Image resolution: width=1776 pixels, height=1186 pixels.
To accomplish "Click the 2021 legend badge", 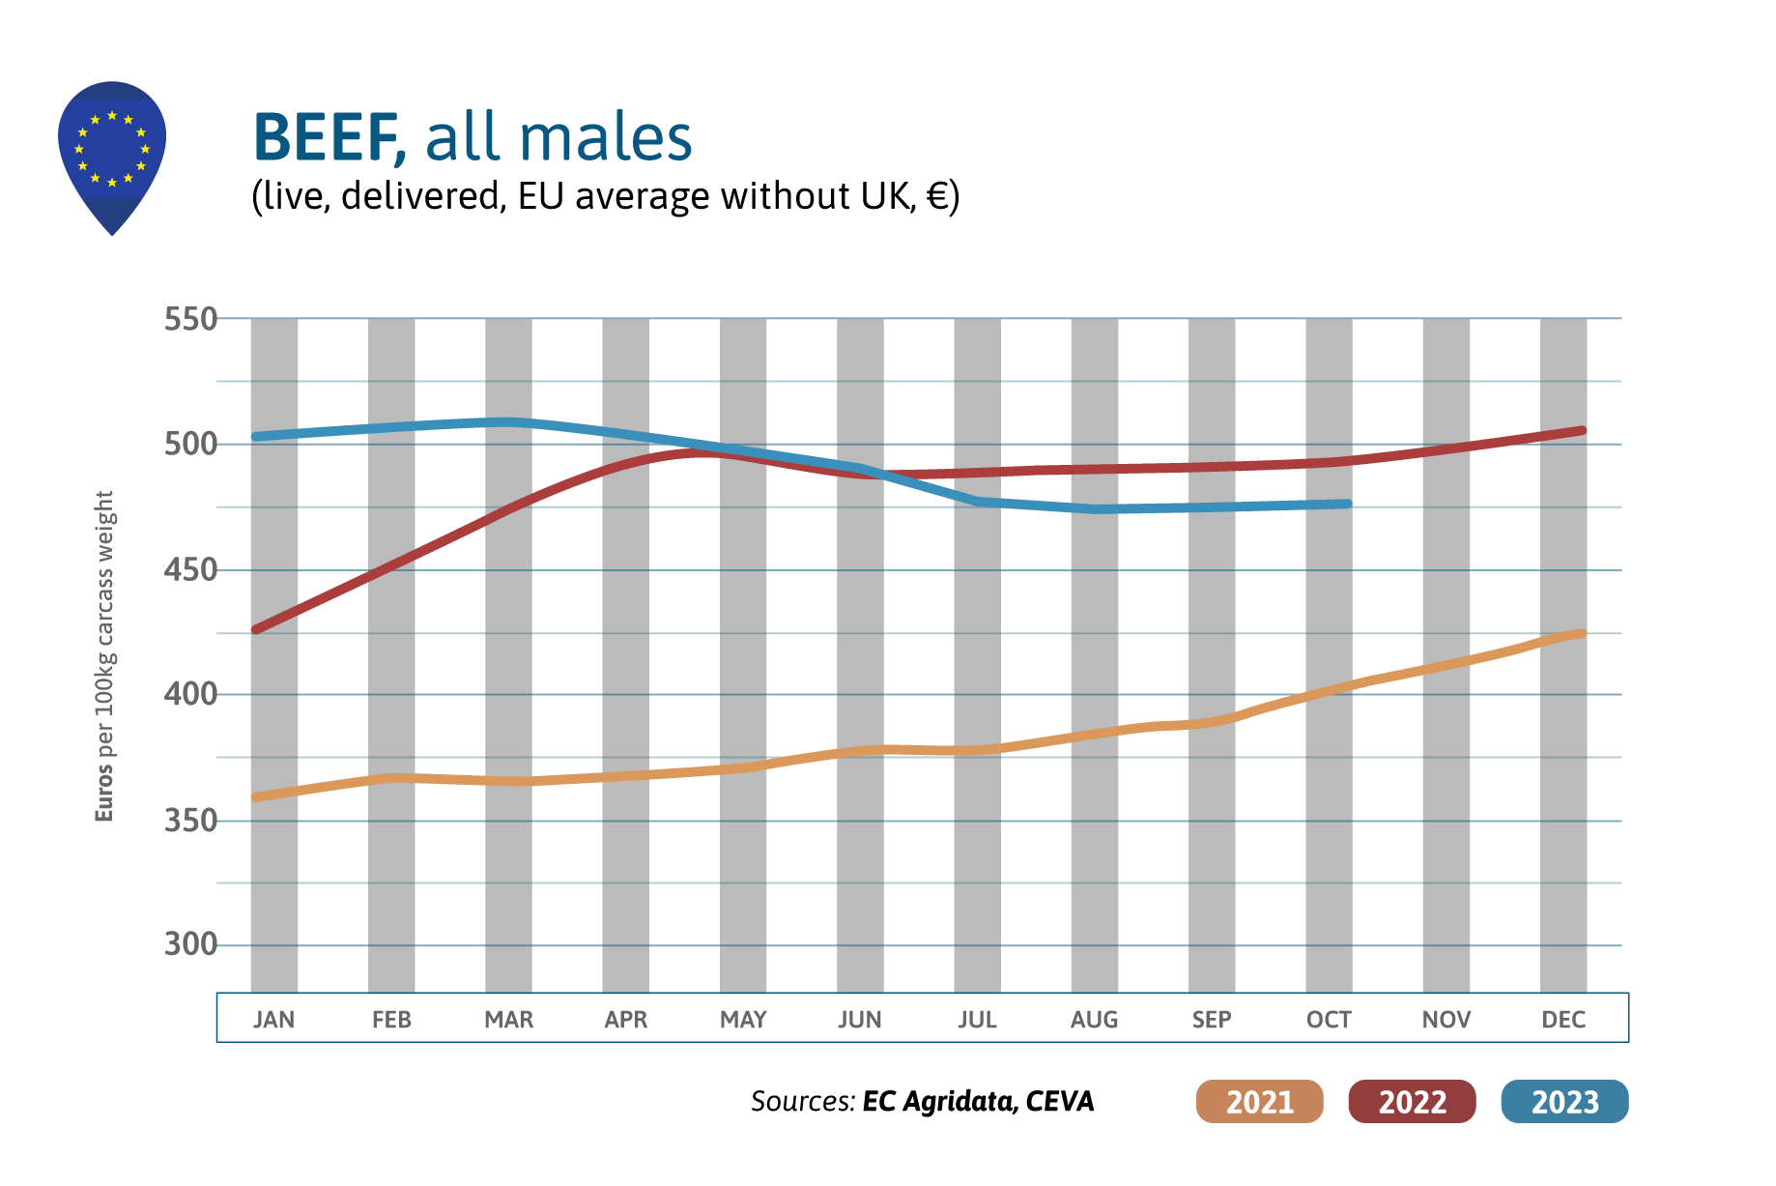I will click(x=1259, y=1101).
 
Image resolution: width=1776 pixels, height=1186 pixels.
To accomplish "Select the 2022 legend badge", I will click(x=1412, y=1101).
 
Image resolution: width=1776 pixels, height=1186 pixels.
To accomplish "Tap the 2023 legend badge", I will click(x=1564, y=1101).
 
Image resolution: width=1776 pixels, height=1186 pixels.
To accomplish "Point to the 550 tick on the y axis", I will click(x=190, y=319).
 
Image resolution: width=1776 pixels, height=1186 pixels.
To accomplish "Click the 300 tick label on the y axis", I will click(x=190, y=944).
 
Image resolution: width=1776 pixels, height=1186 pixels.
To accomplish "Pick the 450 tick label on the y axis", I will click(x=190, y=570).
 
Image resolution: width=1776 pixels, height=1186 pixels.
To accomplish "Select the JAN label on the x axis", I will click(x=274, y=1020).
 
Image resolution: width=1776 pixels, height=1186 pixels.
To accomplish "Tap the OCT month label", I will click(x=1329, y=1020).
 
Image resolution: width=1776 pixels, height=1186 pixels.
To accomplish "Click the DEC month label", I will click(x=1563, y=1020).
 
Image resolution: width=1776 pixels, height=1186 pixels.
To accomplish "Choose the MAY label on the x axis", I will click(x=743, y=1020).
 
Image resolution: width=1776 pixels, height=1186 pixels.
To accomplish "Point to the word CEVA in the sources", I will click(x=1060, y=1101).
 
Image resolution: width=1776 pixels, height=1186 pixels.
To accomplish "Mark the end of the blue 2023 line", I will click(x=1348, y=504).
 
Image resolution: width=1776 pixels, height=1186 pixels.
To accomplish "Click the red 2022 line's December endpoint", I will click(x=1582, y=430).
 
